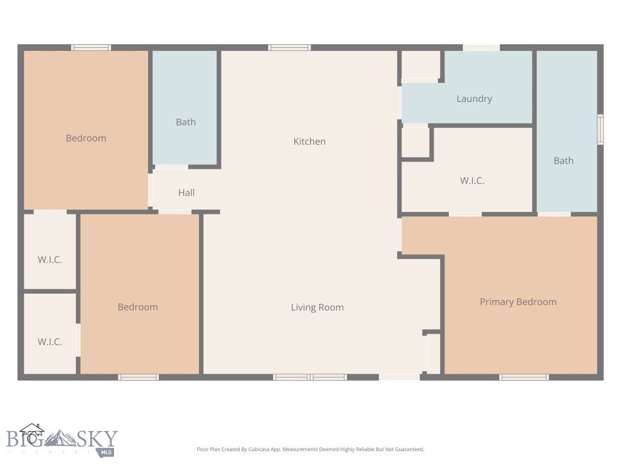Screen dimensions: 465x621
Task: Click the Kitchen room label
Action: click(x=309, y=142)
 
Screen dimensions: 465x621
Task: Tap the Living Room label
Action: click(x=317, y=308)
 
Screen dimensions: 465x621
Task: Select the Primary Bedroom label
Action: click(x=518, y=302)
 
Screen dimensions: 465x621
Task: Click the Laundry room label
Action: click(x=474, y=99)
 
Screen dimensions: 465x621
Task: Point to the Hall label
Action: click(x=186, y=193)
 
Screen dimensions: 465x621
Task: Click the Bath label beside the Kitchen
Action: click(x=186, y=122)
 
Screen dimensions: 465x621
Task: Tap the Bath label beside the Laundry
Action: click(x=563, y=161)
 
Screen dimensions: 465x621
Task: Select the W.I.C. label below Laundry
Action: click(x=472, y=180)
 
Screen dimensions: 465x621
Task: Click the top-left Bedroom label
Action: click(x=86, y=139)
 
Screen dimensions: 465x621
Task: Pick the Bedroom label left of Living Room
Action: click(x=138, y=308)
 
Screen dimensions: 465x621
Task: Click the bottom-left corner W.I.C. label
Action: click(x=50, y=342)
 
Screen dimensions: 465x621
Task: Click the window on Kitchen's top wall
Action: click(x=289, y=47)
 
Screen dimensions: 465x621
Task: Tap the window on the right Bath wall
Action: click(x=600, y=130)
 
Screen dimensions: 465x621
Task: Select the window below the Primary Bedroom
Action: click(x=524, y=377)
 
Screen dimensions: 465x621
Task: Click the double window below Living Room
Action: click(x=310, y=377)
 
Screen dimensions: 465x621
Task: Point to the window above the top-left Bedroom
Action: click(x=91, y=47)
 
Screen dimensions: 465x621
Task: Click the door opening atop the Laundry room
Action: click(x=481, y=47)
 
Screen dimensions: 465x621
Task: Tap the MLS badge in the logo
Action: click(x=107, y=452)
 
